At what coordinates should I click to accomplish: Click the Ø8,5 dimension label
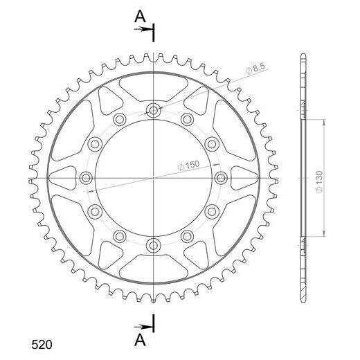(x=255, y=69)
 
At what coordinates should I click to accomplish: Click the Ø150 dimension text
(x=188, y=165)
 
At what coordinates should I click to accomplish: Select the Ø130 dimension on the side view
(x=319, y=181)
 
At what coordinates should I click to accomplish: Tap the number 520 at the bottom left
(x=42, y=345)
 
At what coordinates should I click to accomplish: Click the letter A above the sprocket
(x=140, y=17)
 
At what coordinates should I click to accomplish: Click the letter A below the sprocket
(x=140, y=340)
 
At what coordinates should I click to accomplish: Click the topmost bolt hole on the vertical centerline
(x=154, y=111)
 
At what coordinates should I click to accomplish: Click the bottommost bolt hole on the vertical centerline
(x=154, y=246)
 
